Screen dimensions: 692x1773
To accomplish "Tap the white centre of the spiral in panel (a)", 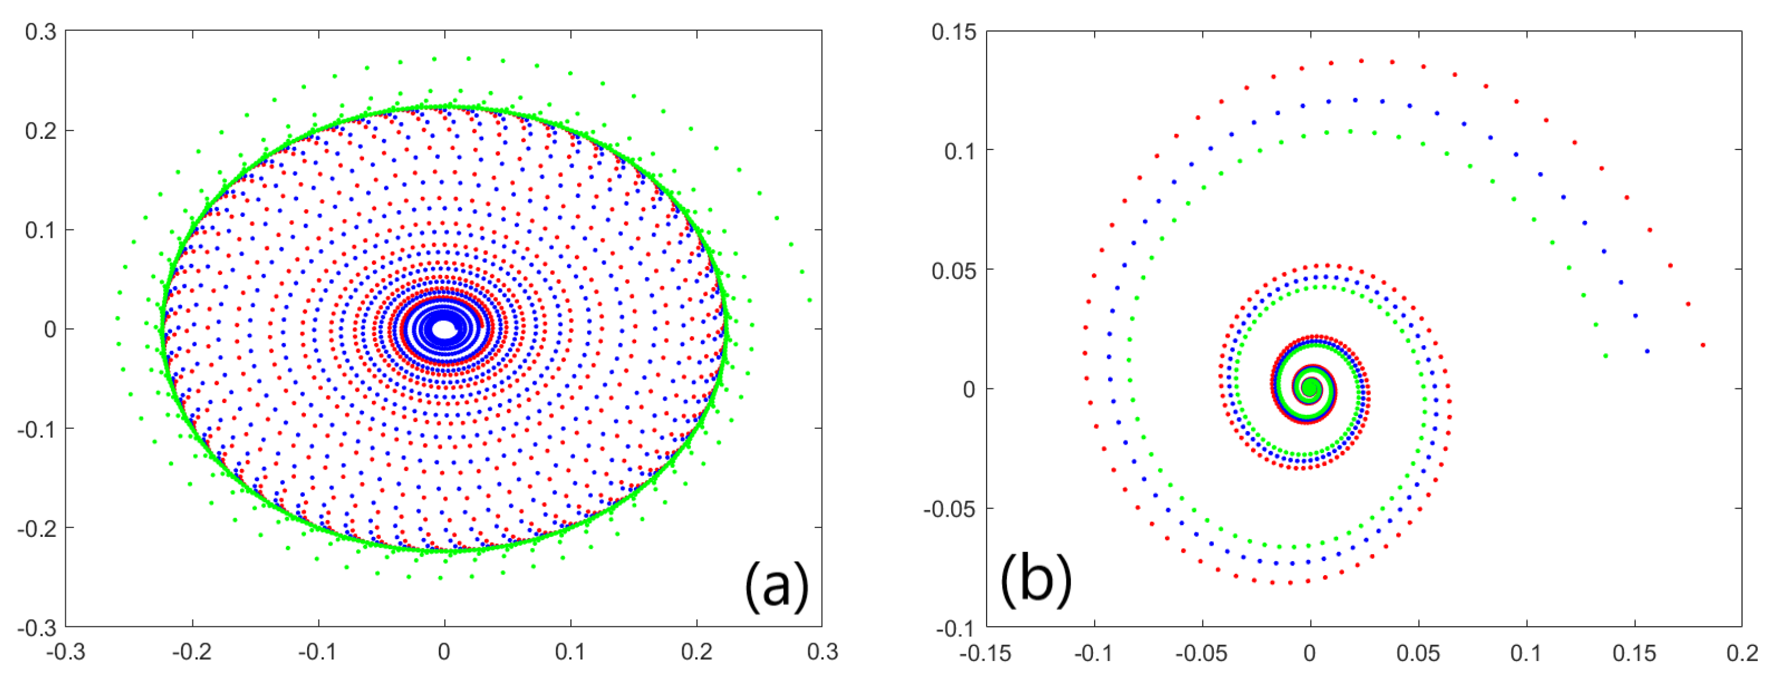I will pos(444,329).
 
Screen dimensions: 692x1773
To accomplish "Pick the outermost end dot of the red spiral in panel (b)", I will pos(1703,345).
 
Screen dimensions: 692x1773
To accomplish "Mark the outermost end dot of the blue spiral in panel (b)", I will pos(1647,351).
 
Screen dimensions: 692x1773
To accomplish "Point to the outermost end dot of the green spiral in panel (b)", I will pos(1605,356).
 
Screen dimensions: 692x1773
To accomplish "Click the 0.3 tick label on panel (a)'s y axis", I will pos(40,31).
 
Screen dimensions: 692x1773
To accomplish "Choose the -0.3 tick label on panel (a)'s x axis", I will pos(66,652).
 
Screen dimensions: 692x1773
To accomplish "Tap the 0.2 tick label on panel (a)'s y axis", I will pos(40,130).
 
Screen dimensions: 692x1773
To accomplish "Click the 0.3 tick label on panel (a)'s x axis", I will pos(822,652).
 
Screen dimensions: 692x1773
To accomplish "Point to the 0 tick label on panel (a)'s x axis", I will pos(444,652).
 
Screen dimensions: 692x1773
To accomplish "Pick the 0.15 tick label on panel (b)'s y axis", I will pos(954,33).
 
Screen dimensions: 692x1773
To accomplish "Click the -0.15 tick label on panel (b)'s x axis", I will pos(985,653).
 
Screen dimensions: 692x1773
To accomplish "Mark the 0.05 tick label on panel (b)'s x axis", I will pos(1418,653).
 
